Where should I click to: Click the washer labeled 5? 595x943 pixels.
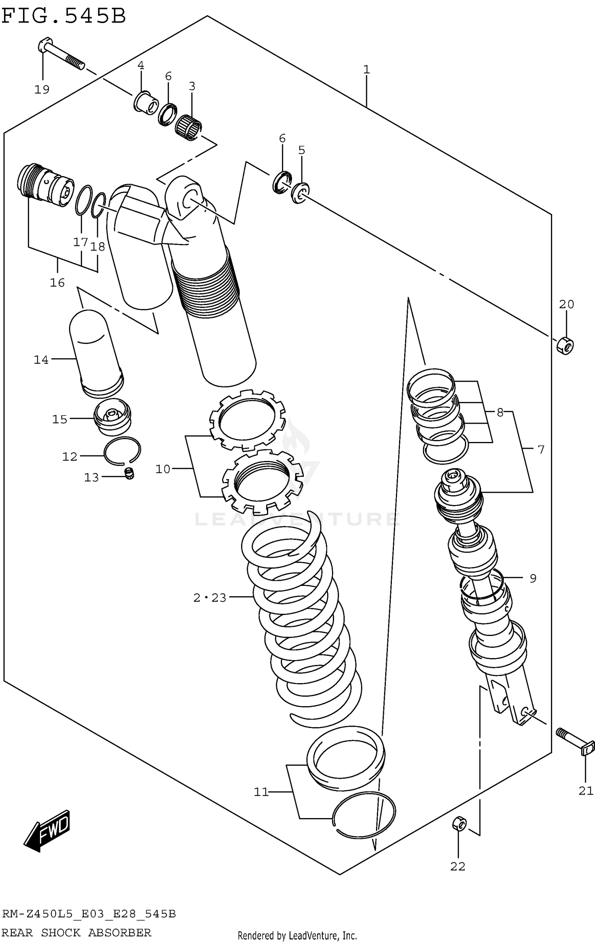click(301, 193)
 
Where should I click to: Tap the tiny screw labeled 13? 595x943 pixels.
click(129, 473)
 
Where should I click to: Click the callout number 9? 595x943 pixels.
click(533, 578)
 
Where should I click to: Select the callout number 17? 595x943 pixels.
click(80, 242)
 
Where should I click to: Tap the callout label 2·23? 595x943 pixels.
click(210, 597)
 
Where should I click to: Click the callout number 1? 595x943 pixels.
click(367, 70)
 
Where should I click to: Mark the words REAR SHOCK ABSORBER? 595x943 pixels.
click(77, 921)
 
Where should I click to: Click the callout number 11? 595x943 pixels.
click(261, 792)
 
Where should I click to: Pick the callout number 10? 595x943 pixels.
click(163, 469)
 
